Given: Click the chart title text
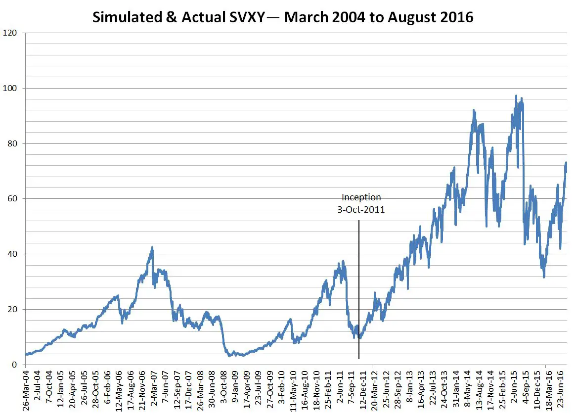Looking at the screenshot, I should point(283,17).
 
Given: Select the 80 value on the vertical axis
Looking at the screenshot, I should point(12,144).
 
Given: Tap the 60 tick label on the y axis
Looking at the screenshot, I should point(12,199).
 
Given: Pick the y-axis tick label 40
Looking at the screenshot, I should point(12,254).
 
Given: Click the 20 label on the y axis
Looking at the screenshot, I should point(12,310).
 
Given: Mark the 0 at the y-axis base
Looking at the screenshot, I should point(14,365).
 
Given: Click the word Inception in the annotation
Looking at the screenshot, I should point(361,197).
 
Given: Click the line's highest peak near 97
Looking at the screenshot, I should point(516,96).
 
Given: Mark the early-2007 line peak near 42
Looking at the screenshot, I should point(152,247).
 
